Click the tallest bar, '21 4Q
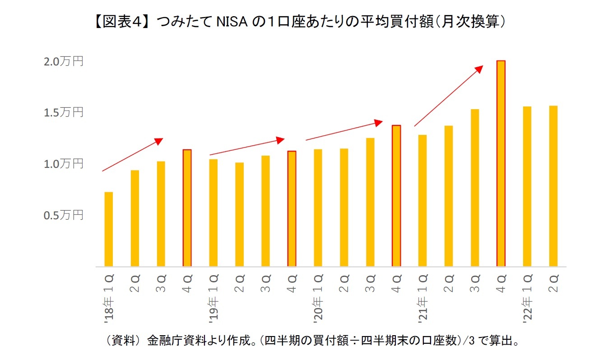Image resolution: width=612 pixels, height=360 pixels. click(501, 163)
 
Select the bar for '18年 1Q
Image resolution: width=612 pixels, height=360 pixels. click(108, 229)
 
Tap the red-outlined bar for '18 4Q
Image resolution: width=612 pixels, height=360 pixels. click(187, 208)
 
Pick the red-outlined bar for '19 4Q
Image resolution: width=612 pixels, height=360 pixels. click(292, 208)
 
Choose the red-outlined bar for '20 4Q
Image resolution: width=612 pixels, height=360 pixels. click(396, 196)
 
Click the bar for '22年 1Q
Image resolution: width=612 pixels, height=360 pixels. click(527, 186)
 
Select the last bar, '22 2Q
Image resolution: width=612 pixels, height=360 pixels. click(553, 186)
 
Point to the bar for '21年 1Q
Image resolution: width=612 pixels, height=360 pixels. click(422, 201)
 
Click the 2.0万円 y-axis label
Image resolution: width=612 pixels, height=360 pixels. click(63, 61)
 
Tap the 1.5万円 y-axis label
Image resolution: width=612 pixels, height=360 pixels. click(63, 112)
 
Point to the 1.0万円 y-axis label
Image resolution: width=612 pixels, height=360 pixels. click(63, 164)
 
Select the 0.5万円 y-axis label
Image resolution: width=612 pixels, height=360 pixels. click(63, 215)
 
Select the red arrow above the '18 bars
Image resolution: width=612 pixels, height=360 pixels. click(132, 155)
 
